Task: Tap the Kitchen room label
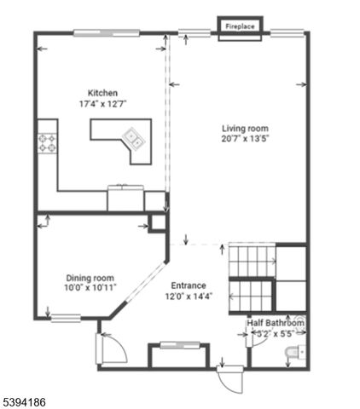102,93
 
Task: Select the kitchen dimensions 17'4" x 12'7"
102,104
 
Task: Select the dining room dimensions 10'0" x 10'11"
90,289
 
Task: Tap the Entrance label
188,285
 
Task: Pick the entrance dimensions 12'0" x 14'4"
188,297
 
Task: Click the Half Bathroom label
276,324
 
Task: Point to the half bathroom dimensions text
275,335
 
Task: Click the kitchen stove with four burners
47,144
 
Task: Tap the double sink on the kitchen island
134,137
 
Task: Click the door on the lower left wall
109,349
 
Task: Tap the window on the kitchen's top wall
106,33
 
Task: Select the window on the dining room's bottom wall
65,319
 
